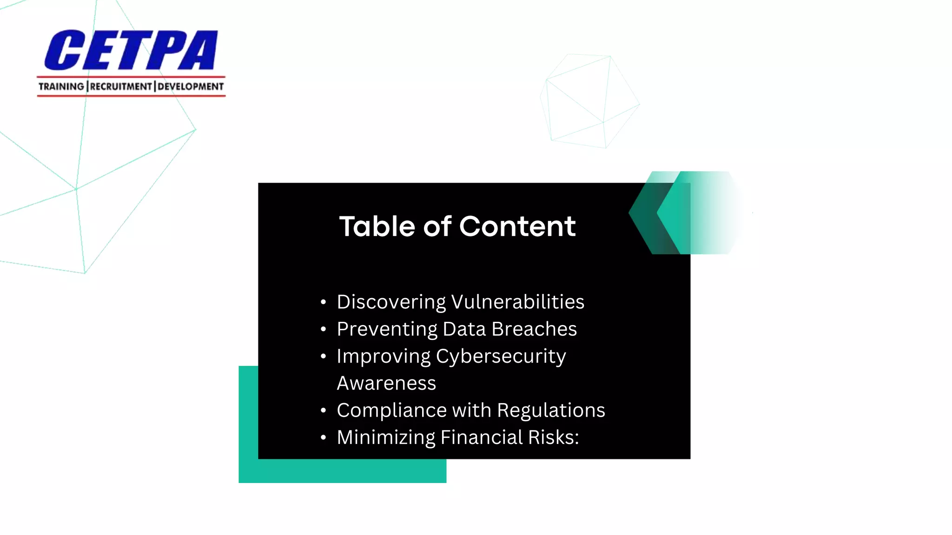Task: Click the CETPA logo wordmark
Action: [131, 50]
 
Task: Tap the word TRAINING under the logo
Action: [61, 87]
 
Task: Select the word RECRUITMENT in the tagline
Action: [121, 87]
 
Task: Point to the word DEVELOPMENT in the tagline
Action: [191, 87]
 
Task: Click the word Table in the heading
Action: [377, 227]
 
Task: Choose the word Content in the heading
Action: [517, 227]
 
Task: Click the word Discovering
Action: [391, 302]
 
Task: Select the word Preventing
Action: [387, 329]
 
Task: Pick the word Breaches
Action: [534, 329]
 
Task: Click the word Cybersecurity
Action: [501, 357]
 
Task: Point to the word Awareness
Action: [386, 384]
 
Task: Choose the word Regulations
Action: [551, 411]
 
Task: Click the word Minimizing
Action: [386, 437]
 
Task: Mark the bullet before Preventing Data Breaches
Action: [324, 329]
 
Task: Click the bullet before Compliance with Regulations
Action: [324, 411]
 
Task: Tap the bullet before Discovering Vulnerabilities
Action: [324, 302]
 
